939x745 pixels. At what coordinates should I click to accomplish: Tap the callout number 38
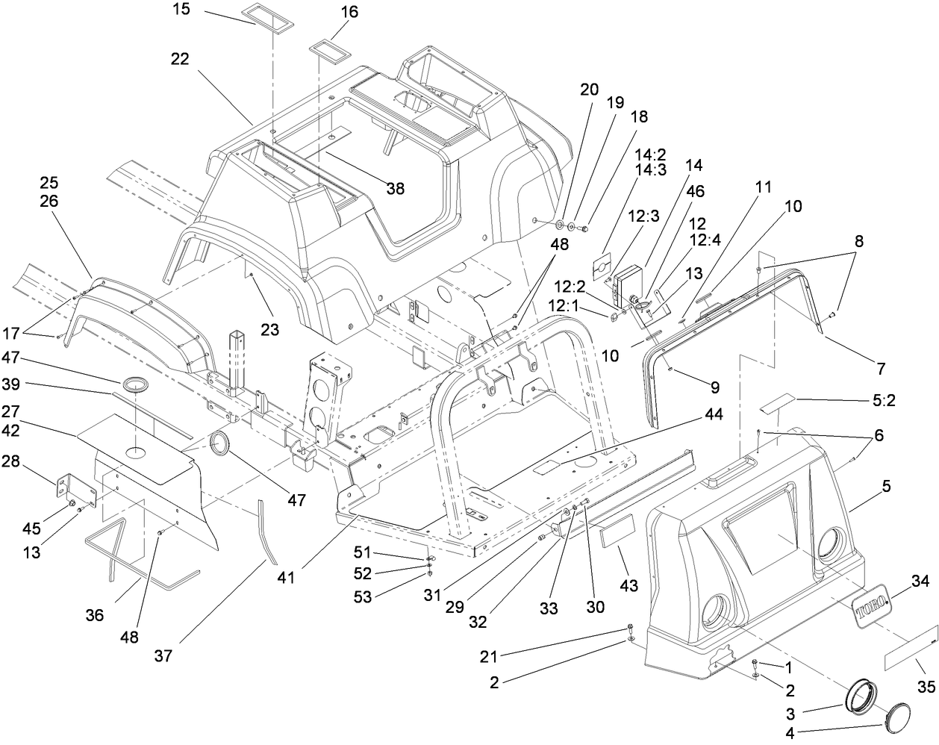(395, 189)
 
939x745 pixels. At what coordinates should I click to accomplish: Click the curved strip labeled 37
(265, 530)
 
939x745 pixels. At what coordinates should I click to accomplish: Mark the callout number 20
(589, 89)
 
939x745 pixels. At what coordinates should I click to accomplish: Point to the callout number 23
(269, 329)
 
